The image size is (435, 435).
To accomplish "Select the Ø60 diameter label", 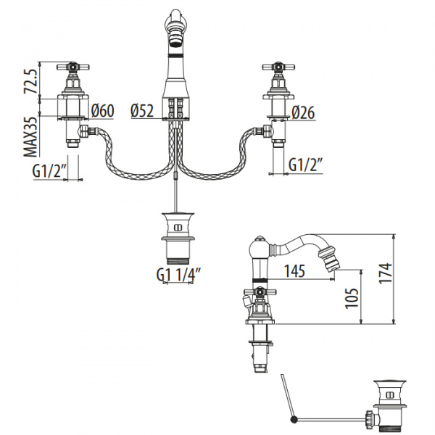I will click(x=103, y=111).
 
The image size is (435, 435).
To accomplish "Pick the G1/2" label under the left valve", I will click(x=49, y=171).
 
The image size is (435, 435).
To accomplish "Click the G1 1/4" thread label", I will click(x=178, y=274).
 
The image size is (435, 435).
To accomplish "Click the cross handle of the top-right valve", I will click(x=278, y=70).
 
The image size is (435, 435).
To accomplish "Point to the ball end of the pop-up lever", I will click(x=294, y=419).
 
